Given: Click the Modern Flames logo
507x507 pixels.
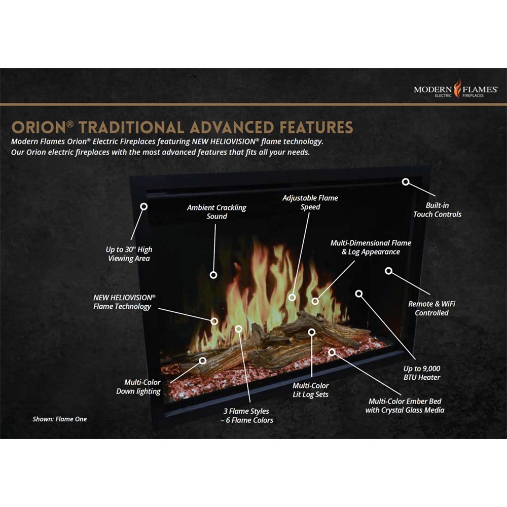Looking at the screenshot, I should (456, 90).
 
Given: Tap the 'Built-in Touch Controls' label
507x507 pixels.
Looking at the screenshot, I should (437, 210).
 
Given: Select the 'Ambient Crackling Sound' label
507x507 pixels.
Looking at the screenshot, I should (216, 212).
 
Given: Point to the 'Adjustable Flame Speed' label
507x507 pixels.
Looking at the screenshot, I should (310, 202).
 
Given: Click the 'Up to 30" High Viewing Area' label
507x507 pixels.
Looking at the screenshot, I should (129, 254).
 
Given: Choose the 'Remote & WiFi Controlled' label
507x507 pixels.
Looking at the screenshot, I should (431, 308).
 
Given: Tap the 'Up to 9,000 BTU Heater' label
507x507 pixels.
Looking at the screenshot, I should (422, 373).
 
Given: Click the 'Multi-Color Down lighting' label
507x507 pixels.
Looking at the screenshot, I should (138, 387).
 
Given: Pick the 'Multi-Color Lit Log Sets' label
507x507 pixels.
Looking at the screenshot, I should (310, 390).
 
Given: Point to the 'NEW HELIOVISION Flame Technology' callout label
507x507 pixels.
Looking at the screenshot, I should (123, 302).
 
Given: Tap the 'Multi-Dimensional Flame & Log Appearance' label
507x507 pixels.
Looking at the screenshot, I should (371, 247).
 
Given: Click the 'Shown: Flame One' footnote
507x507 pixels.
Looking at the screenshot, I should (60, 419).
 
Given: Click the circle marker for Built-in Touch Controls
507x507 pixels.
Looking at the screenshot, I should (406, 182).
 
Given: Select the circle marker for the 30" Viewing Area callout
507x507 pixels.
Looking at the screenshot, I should (144, 206).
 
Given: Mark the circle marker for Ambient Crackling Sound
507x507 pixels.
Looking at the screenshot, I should (213, 274).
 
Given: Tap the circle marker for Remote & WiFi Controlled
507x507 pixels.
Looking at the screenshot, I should (388, 271).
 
